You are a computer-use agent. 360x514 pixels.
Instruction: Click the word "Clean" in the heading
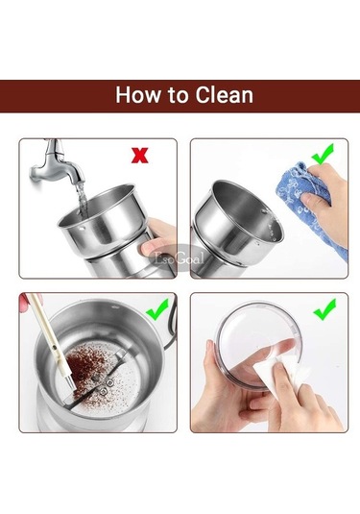coord(225,95)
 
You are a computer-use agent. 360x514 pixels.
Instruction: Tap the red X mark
coord(140,156)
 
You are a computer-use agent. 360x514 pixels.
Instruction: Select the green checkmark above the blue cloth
coord(323,154)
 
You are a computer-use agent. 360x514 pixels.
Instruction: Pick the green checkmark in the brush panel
coord(157,309)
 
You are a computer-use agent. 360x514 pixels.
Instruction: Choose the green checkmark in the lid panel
coord(324,309)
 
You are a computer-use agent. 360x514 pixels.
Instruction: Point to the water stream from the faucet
coord(82,201)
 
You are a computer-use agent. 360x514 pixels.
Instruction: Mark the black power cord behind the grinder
coord(173,325)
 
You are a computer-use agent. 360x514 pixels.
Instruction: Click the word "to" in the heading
coord(179,96)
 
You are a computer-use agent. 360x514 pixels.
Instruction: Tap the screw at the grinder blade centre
coord(104,391)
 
